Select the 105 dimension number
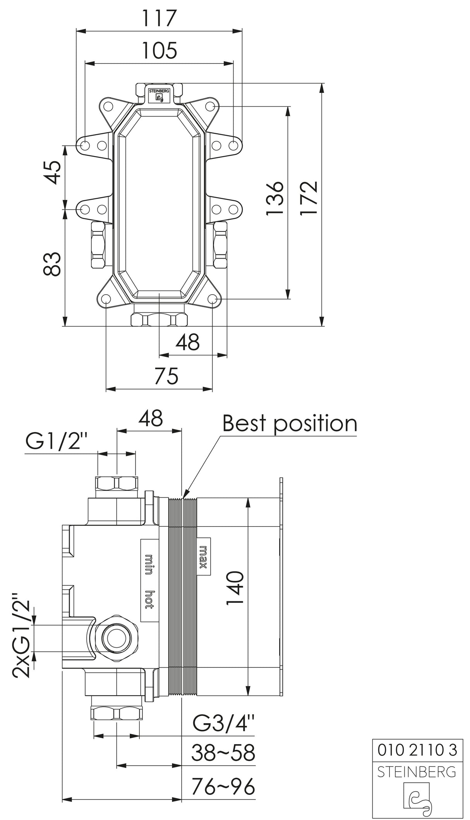point(159,50)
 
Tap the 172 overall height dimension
point(309,198)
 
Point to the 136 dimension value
point(275,198)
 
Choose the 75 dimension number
point(166,376)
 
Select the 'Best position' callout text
point(290,424)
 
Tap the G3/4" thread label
point(224,722)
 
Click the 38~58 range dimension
point(223,753)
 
